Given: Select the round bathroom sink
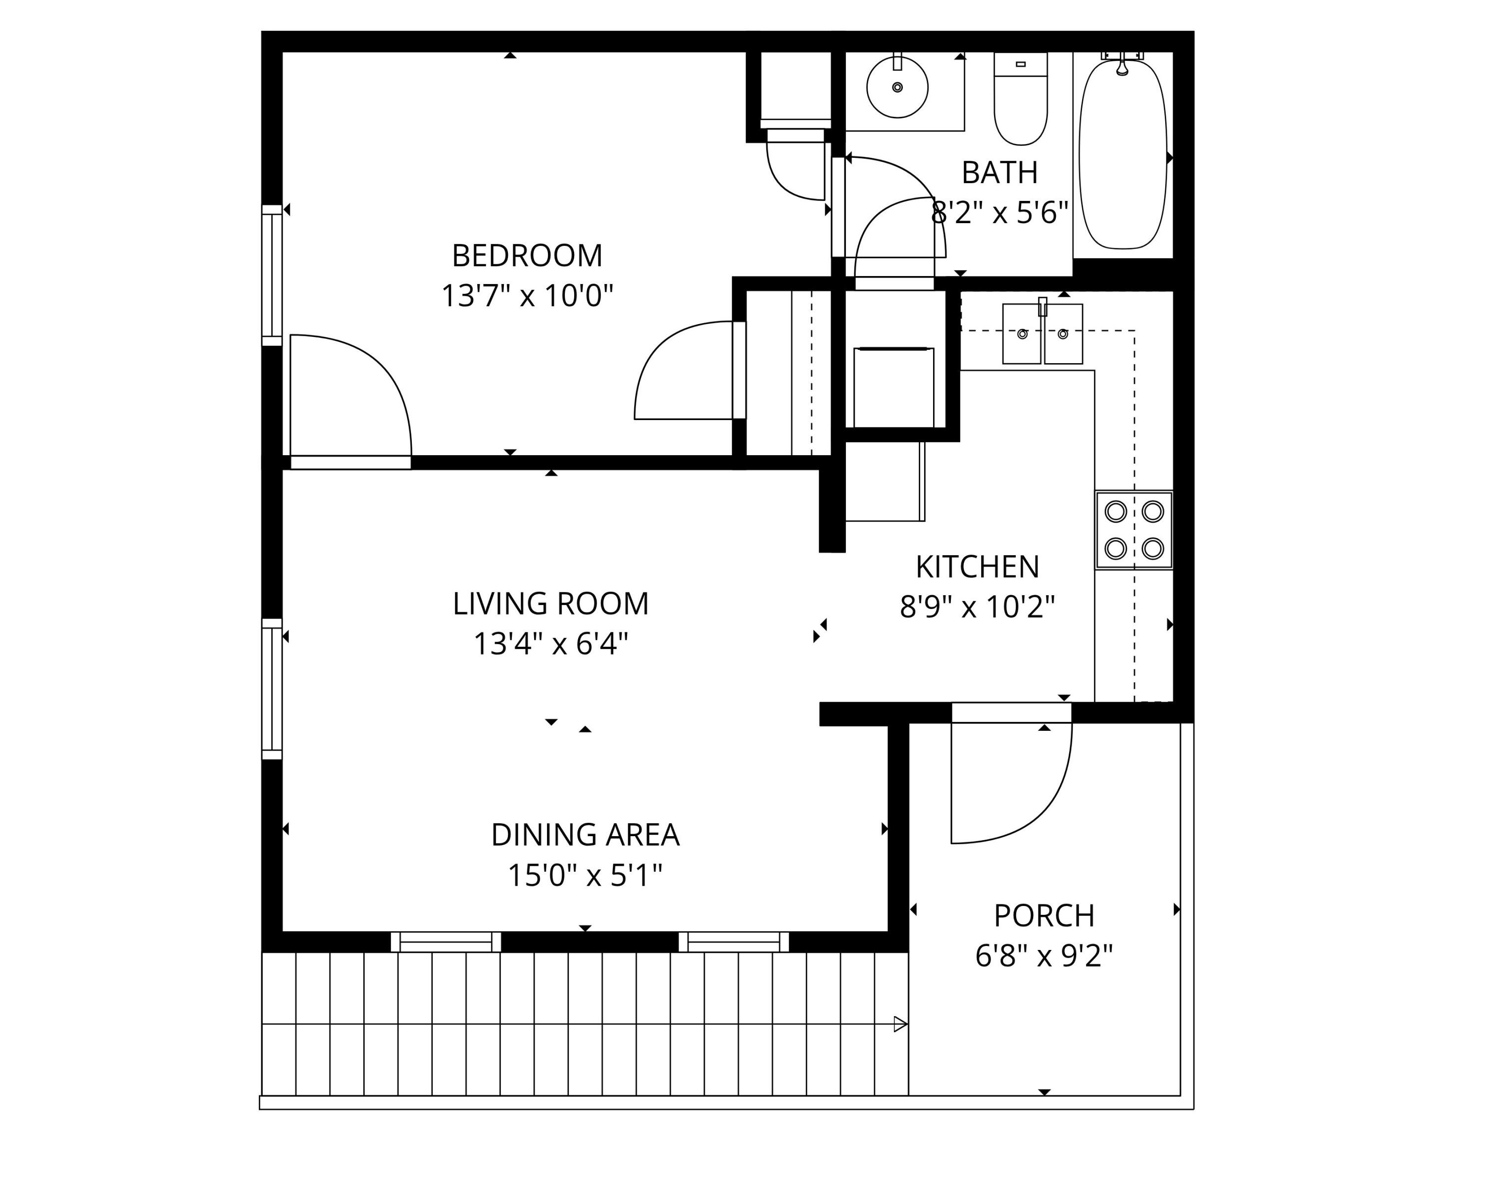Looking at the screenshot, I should pos(897,88).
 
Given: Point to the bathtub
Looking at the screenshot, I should pos(1123,155).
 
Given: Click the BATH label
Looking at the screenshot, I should pos(999,173).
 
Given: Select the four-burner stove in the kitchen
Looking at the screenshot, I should pos(1134,529).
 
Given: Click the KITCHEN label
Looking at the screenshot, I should pos(977,567).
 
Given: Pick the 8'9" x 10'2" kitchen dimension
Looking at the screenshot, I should pos(977,607).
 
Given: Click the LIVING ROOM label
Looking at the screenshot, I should pos(550,604).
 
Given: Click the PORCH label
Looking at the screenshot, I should pos(1043,916).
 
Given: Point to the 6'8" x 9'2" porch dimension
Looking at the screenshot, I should pos(1043,956).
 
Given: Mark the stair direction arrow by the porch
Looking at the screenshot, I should pos(899,1024).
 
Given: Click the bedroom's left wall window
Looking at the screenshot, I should pos(272,276).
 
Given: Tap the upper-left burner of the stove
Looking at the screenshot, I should pos(1115,512).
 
